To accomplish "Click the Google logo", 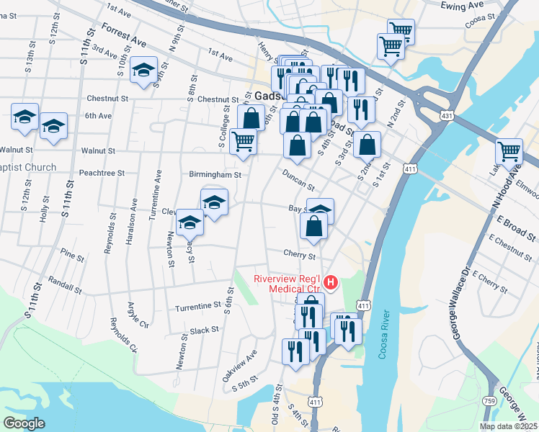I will [23, 423].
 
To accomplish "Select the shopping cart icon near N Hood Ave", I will [509, 152].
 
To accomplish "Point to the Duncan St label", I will [298, 175].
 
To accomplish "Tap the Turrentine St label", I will [198, 306].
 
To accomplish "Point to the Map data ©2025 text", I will [509, 426].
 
